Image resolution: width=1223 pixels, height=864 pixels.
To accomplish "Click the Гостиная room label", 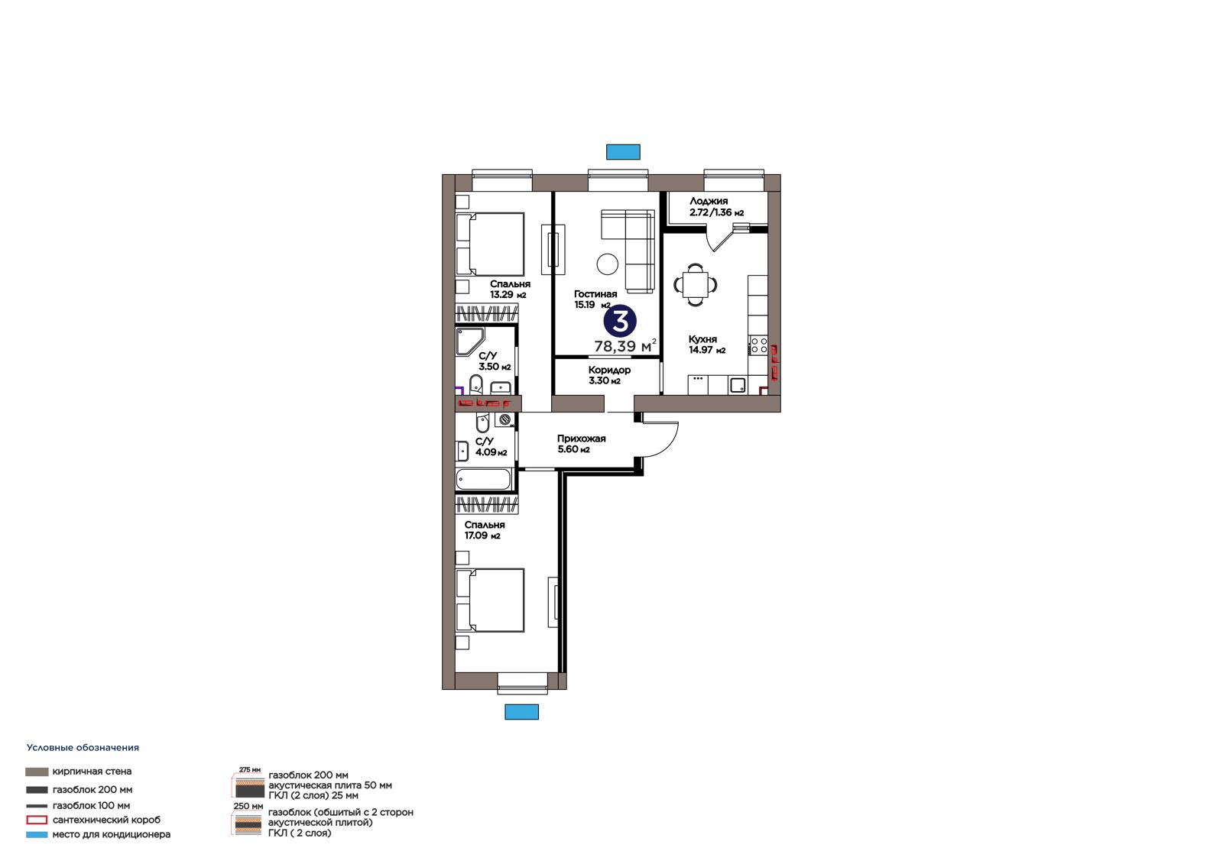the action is click(x=595, y=294).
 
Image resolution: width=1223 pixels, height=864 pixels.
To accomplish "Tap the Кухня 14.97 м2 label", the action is click(x=707, y=345).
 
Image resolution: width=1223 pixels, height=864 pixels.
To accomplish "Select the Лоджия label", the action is click(x=709, y=201).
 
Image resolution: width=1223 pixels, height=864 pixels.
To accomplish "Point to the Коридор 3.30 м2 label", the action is click(x=609, y=376).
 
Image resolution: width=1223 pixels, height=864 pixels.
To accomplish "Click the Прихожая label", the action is click(x=582, y=438).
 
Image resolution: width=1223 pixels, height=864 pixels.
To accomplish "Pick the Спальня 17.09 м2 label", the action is click(x=485, y=530).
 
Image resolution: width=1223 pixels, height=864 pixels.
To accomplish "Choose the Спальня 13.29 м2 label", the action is click(x=510, y=290).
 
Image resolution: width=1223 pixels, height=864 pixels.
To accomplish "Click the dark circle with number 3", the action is click(x=620, y=321).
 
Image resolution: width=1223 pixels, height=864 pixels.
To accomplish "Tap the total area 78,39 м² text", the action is click(x=625, y=346).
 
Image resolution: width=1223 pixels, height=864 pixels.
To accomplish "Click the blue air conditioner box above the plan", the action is click(x=623, y=152).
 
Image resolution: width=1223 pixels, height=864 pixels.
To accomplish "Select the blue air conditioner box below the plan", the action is click(x=521, y=712).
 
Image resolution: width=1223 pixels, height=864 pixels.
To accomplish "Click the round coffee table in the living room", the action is click(x=607, y=264).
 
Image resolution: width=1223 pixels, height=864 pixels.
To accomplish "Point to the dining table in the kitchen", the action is click(x=695, y=284).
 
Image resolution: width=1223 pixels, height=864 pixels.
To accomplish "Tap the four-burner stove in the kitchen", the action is click(x=758, y=345).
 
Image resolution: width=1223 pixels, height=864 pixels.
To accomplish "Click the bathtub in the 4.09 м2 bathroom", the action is click(x=483, y=480).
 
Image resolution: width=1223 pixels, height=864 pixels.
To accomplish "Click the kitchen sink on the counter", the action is click(x=738, y=385).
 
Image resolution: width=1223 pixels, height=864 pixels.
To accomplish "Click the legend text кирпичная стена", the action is click(x=92, y=772).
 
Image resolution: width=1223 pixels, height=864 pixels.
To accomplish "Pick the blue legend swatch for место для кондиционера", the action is click(x=37, y=834).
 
